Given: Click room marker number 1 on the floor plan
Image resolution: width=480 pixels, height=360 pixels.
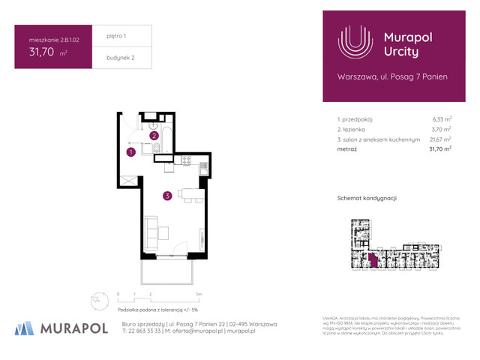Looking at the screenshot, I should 130,152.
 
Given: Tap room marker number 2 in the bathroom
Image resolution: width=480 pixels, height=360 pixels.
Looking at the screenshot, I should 154,136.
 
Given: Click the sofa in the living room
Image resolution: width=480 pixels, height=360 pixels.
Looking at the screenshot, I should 151,232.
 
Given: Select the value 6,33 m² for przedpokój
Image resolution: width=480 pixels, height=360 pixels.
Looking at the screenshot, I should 442,118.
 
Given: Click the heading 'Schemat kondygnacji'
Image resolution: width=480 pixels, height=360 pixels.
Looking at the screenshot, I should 367,197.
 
